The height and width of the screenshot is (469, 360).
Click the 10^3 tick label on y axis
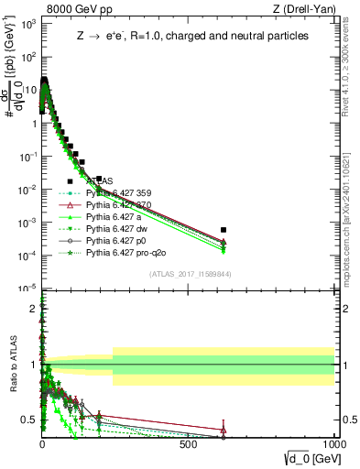(x=25, y=25)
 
